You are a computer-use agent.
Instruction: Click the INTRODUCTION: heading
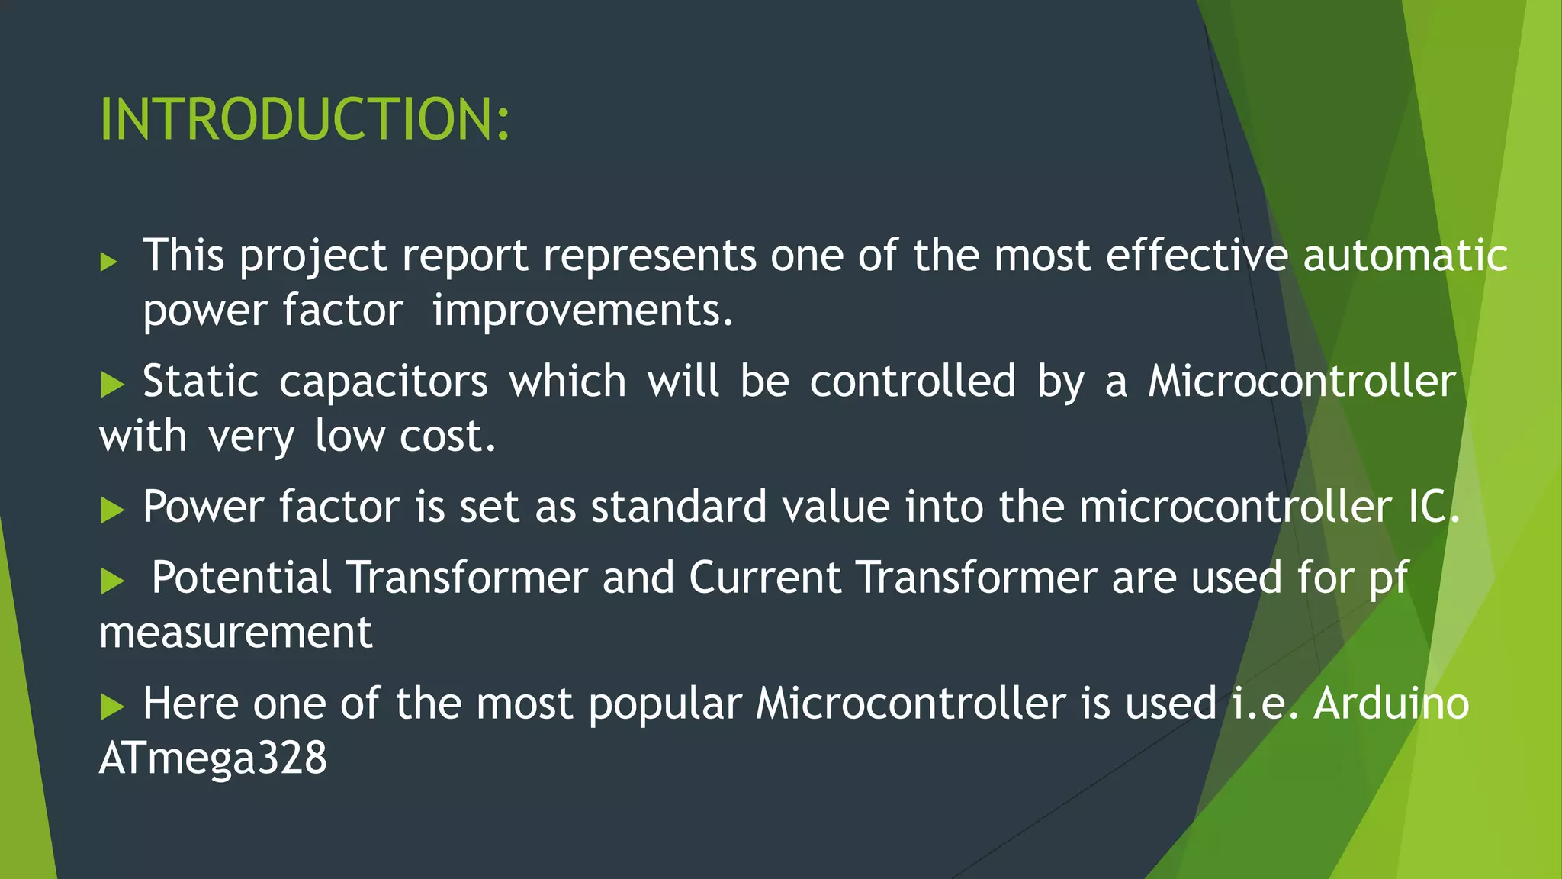click(304, 120)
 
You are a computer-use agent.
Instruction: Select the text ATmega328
click(213, 758)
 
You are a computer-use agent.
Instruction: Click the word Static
click(201, 381)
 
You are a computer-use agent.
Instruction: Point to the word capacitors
click(383, 381)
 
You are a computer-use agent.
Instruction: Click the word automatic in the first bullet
click(1405, 255)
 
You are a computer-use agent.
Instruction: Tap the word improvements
click(582, 311)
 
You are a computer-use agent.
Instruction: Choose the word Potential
click(241, 577)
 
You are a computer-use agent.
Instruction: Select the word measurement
click(236, 633)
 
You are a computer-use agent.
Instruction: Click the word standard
click(678, 507)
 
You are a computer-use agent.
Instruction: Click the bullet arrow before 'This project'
click(109, 262)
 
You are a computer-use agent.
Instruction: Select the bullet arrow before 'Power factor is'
click(112, 510)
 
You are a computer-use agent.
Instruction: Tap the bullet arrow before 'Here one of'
click(112, 707)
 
